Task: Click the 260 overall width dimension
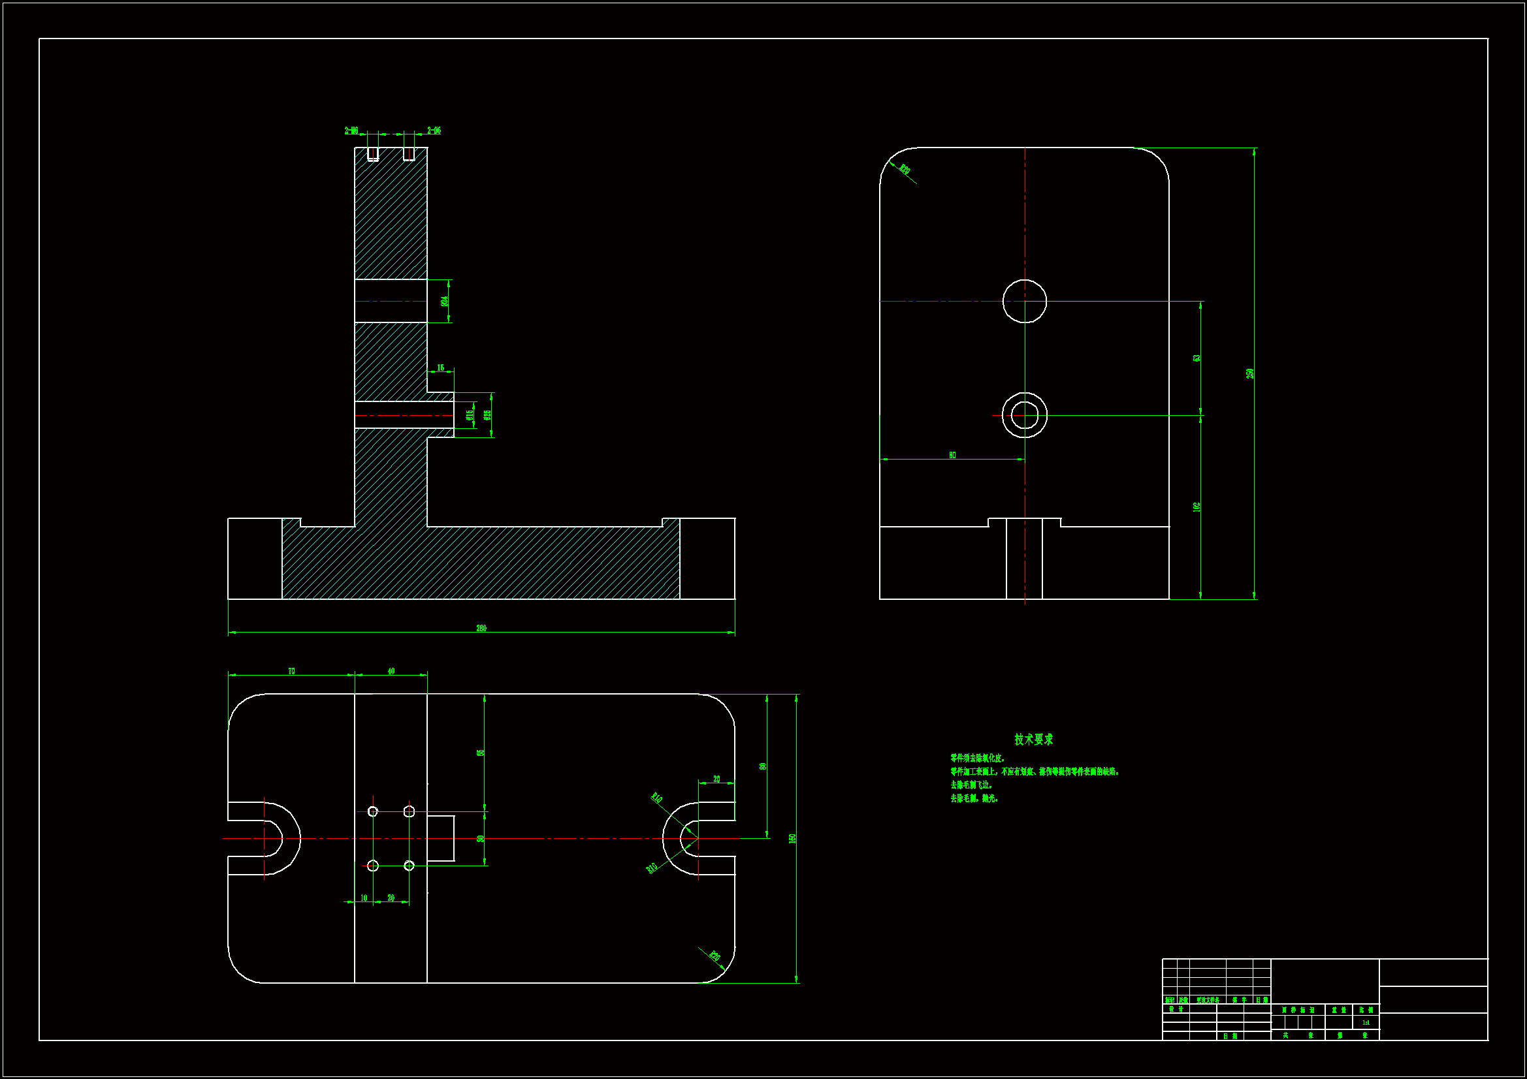(481, 628)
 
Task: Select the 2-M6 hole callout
(351, 131)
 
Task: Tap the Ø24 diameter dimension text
(444, 300)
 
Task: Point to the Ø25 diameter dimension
(487, 415)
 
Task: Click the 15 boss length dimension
(440, 367)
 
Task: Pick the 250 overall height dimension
(1249, 373)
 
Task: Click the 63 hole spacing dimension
(1197, 358)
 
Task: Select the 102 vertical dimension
(1197, 507)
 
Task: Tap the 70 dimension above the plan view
(291, 672)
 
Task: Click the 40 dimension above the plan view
(391, 672)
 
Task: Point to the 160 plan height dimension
(792, 839)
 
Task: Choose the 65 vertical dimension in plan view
(480, 753)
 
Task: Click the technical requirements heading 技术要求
(1033, 740)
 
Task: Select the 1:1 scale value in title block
(1366, 1022)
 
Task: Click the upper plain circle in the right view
(1024, 301)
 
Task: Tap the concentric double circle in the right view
(1024, 416)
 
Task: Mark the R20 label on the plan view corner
(715, 957)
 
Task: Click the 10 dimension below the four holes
(364, 898)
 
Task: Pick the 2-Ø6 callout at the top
(434, 131)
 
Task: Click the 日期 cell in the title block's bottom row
(1230, 1036)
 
